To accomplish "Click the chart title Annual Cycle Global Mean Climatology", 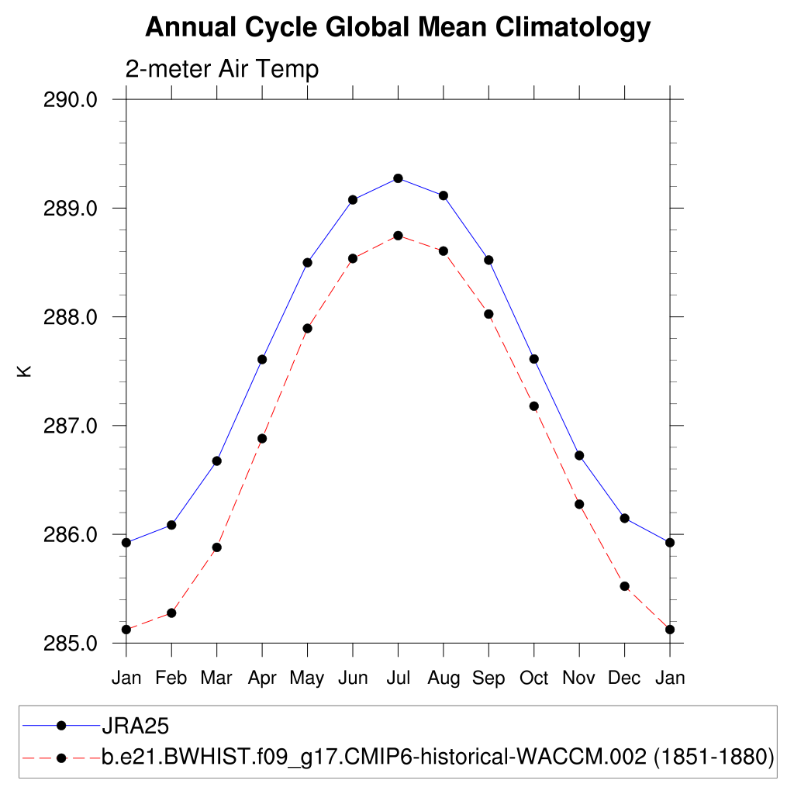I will click(397, 28).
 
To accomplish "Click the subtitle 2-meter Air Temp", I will click(222, 70).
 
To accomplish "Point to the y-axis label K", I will click(26, 371).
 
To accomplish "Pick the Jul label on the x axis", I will click(398, 678).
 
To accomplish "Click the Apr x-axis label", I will click(262, 678).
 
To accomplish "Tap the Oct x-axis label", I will click(533, 678).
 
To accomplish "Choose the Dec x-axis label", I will click(624, 678).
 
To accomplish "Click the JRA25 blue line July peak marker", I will click(398, 178).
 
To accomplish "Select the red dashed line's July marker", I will click(398, 236).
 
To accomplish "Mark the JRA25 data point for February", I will click(171, 525).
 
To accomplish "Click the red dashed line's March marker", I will click(217, 547).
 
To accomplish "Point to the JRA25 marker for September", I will click(488, 260).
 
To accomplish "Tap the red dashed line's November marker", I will click(579, 504).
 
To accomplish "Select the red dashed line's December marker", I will click(624, 586).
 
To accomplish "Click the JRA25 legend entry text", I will click(136, 727).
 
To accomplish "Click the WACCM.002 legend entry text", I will click(438, 756).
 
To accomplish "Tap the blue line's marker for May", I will click(307, 262).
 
